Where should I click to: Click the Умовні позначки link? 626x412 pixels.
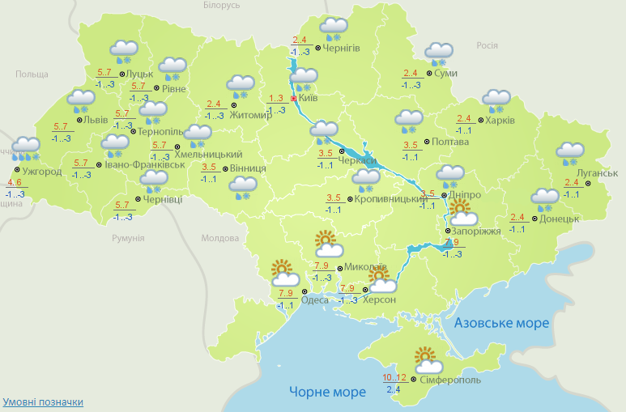pos(43,401)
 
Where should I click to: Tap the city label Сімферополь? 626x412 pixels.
pos(450,380)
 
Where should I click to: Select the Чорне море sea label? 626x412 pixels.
pos(327,393)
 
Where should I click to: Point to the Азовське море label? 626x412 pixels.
pos(502,323)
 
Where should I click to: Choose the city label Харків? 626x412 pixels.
pos(499,121)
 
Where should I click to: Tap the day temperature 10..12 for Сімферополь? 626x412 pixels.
pos(395,377)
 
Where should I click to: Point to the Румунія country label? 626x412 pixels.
pos(128,238)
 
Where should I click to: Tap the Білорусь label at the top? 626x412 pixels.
pos(222,6)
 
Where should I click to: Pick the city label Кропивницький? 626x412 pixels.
pos(390,199)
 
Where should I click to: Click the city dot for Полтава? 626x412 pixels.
pos(427,142)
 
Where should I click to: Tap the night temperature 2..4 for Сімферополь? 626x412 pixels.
pos(394,389)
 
